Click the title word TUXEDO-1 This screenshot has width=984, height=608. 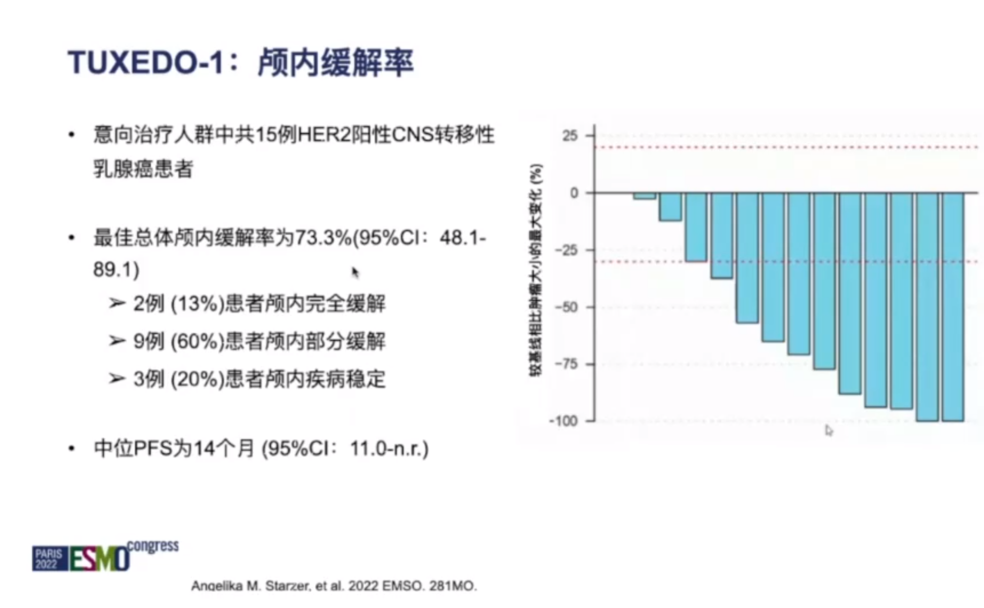(146, 63)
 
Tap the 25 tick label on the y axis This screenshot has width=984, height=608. (570, 136)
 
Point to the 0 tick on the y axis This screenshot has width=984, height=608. (574, 193)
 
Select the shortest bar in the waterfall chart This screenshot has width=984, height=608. (644, 196)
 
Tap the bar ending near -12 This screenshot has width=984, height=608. (670, 207)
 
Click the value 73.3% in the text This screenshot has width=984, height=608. (323, 238)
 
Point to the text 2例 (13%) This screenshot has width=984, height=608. (178, 304)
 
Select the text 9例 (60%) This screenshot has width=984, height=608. (178, 341)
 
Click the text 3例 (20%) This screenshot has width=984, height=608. (178, 379)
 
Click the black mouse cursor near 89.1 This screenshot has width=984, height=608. (354, 272)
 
